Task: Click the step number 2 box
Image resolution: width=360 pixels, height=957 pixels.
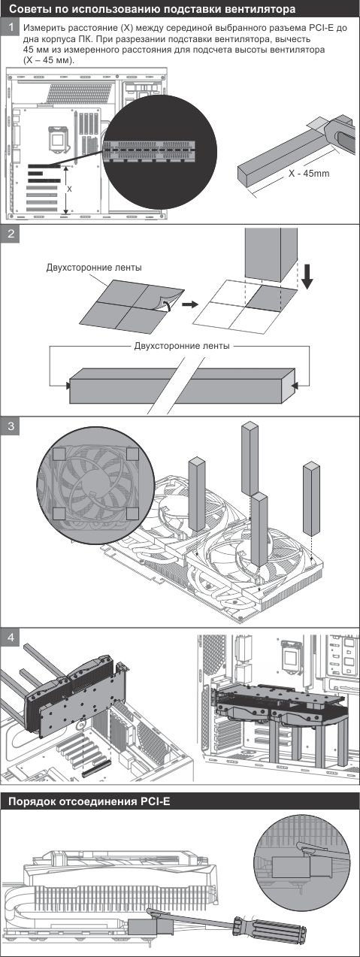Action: click(10, 234)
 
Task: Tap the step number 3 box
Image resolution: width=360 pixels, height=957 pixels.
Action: click(10, 426)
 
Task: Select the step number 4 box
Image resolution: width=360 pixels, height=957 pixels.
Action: click(10, 637)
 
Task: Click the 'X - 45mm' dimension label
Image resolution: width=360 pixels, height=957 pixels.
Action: click(309, 174)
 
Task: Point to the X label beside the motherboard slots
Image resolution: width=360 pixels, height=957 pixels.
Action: click(69, 189)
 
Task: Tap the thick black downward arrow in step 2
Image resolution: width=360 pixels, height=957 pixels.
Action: click(307, 277)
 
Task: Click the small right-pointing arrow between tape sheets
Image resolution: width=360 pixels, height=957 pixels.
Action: click(190, 304)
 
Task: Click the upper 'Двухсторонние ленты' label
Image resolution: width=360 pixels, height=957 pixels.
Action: click(94, 268)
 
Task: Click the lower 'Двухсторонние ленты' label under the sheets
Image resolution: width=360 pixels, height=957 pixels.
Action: click(182, 346)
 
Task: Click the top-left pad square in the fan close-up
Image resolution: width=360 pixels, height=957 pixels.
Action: click(59, 454)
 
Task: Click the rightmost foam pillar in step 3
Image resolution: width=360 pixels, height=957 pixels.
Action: click(311, 499)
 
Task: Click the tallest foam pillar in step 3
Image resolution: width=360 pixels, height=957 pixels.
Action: click(250, 459)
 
